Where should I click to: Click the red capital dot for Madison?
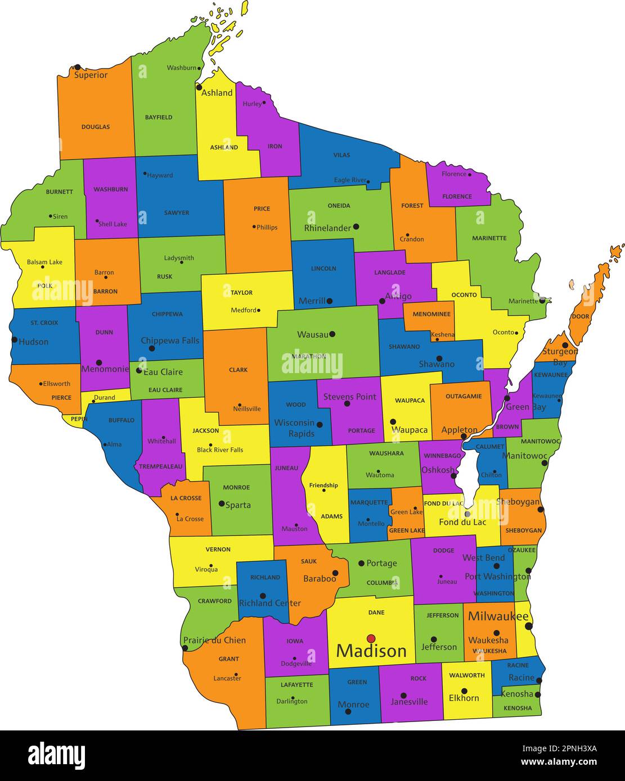(371, 638)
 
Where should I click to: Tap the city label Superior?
(91, 75)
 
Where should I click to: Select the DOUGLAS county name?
(96, 127)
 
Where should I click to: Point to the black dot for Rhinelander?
(356, 227)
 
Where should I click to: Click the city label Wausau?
(312, 334)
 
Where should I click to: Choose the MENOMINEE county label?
(431, 314)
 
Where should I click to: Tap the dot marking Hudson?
(14, 339)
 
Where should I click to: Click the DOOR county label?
(580, 316)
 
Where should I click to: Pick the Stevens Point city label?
(349, 397)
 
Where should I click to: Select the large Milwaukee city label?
(498, 616)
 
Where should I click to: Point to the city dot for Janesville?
(403, 696)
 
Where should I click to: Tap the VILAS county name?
(341, 155)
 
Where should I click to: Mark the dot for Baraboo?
(335, 573)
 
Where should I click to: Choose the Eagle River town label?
(350, 180)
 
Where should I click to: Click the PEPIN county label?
(79, 419)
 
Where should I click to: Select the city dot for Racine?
(539, 680)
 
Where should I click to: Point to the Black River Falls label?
(220, 450)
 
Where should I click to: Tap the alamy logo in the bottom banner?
(56, 755)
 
